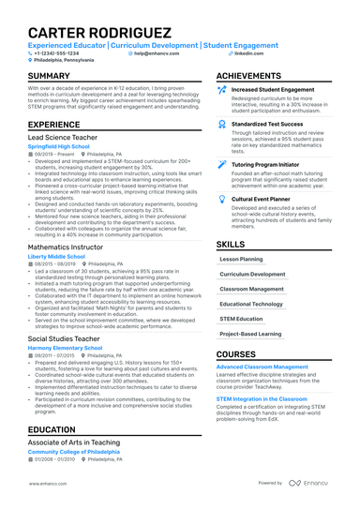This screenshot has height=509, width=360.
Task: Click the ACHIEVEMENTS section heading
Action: (248, 76)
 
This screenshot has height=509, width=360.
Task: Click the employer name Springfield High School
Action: (59, 147)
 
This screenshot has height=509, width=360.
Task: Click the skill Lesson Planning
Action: (240, 258)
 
